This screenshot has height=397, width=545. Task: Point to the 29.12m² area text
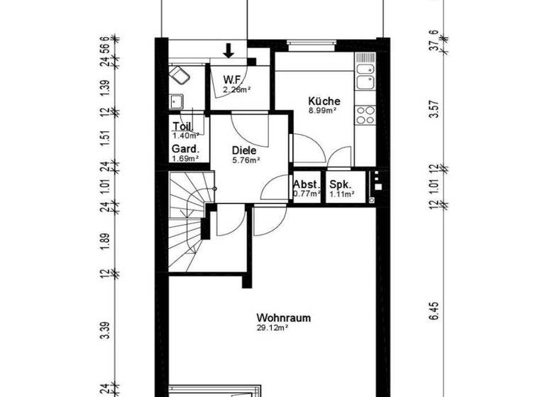[274, 328]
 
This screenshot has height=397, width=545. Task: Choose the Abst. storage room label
[307, 184]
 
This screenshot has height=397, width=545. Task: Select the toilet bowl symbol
[179, 75]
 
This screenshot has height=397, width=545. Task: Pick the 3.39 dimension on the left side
[104, 331]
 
